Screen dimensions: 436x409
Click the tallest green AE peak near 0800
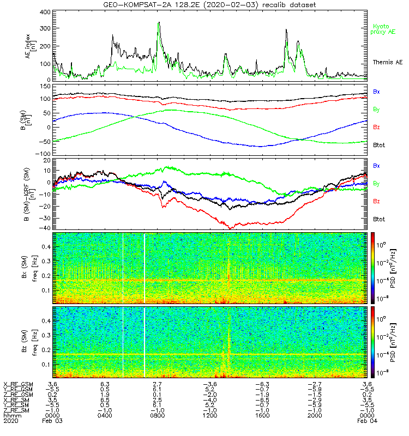pyautogui.click(x=159, y=23)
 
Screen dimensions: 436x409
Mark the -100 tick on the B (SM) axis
pyautogui.click(x=44, y=154)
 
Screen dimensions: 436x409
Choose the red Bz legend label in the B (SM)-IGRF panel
pyautogui.click(x=376, y=201)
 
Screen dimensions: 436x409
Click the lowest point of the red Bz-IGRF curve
pyautogui.click(x=232, y=228)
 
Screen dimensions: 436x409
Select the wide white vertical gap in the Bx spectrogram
pyautogui.click(x=145, y=267)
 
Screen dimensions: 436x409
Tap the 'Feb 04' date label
pyautogui.click(x=365, y=421)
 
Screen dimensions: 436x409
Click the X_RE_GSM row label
pyautogui.click(x=17, y=384)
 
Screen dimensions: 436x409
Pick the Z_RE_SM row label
pyautogui.click(x=17, y=410)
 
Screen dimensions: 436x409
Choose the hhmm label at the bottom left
pyautogui.click(x=10, y=415)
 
